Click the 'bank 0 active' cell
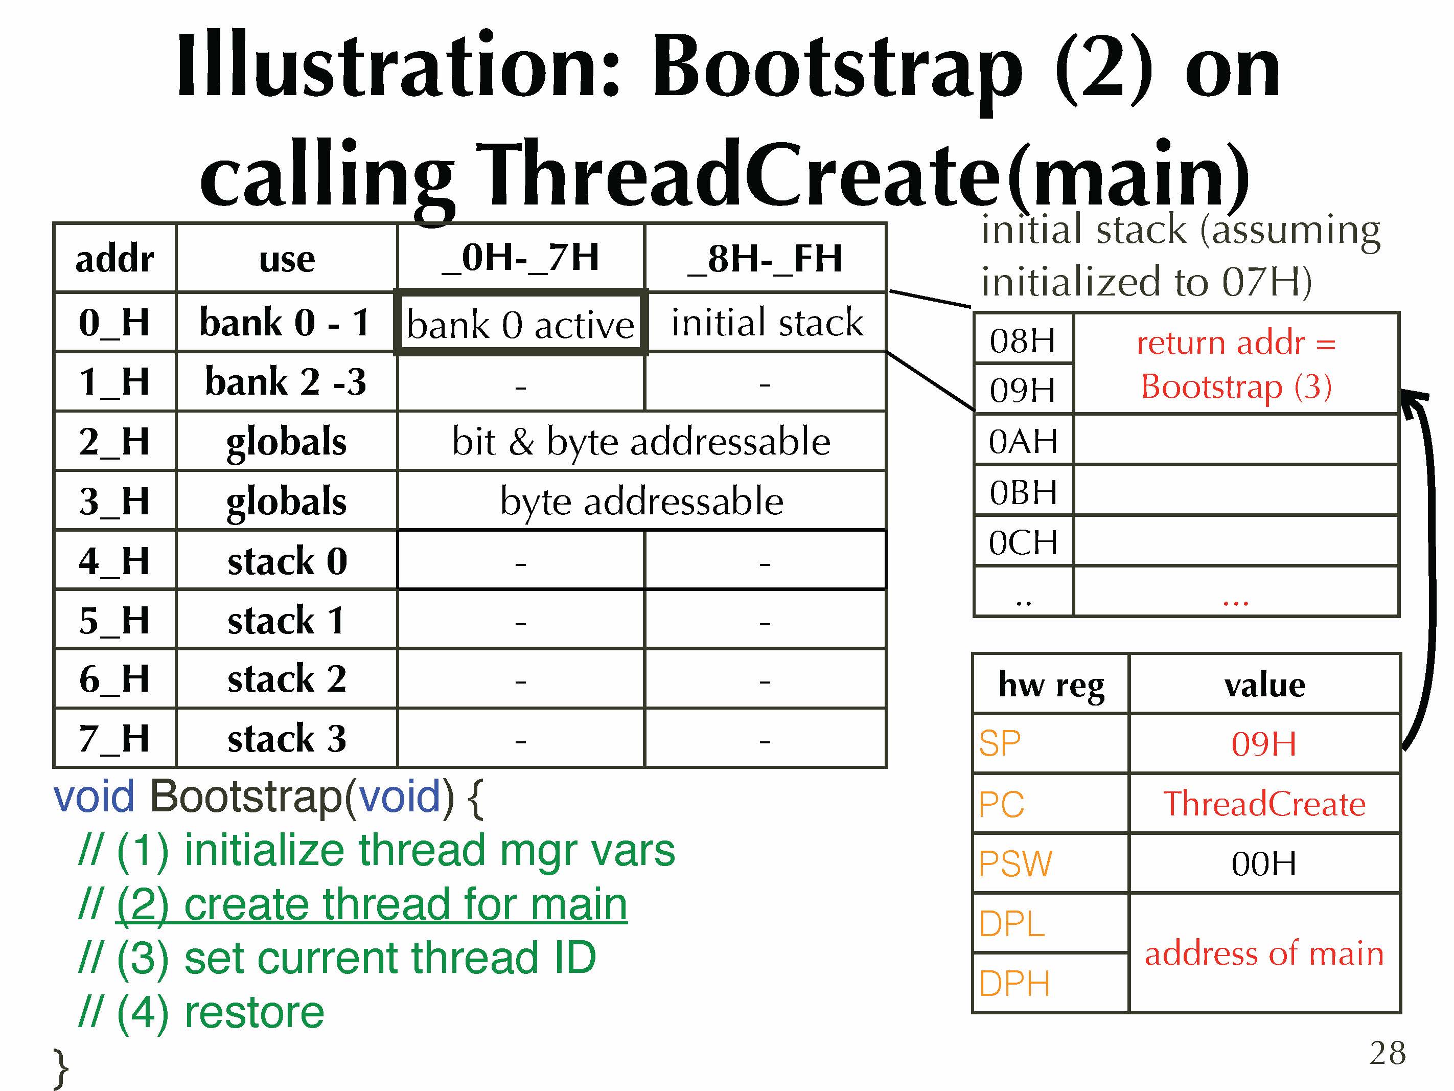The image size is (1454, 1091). click(x=521, y=324)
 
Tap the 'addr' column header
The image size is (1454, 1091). click(x=115, y=258)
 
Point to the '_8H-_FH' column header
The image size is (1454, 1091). click(x=765, y=258)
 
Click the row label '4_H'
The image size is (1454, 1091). click(x=115, y=560)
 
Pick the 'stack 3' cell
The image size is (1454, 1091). click(x=287, y=738)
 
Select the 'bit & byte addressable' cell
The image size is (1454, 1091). click(x=641, y=441)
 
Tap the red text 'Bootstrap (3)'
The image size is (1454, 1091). click(x=1236, y=386)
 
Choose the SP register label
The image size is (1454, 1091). click(x=1000, y=744)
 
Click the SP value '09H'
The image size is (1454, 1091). click(x=1264, y=744)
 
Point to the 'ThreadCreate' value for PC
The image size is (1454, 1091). click(x=1264, y=804)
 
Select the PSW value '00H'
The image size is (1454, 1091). click(x=1264, y=863)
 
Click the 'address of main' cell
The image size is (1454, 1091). click(x=1264, y=953)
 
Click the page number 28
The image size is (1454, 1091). click(x=1388, y=1053)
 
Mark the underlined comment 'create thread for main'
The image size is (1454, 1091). click(x=372, y=904)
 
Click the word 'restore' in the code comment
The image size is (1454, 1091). click(x=255, y=1012)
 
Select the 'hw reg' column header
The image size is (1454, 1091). click(x=1051, y=685)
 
